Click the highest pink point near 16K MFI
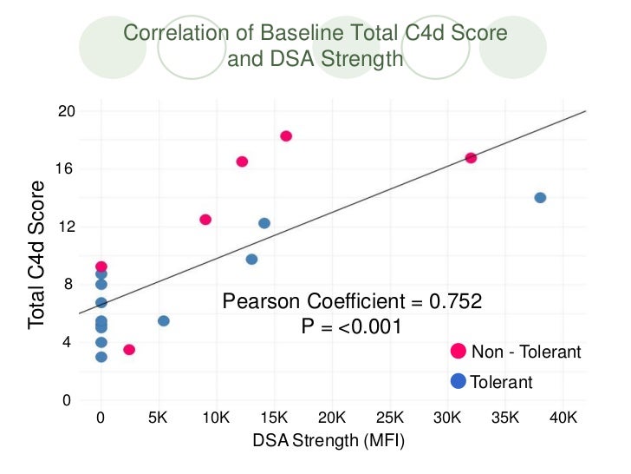click(286, 136)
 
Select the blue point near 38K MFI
click(540, 198)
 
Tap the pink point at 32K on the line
click(471, 158)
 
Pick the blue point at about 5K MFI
click(164, 321)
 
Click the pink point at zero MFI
click(101, 267)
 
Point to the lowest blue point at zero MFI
click(101, 357)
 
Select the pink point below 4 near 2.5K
click(129, 350)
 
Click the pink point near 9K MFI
click(205, 220)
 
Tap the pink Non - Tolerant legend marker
click(459, 352)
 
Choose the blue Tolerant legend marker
click(459, 381)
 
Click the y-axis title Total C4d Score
click(36, 253)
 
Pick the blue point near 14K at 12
click(264, 223)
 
